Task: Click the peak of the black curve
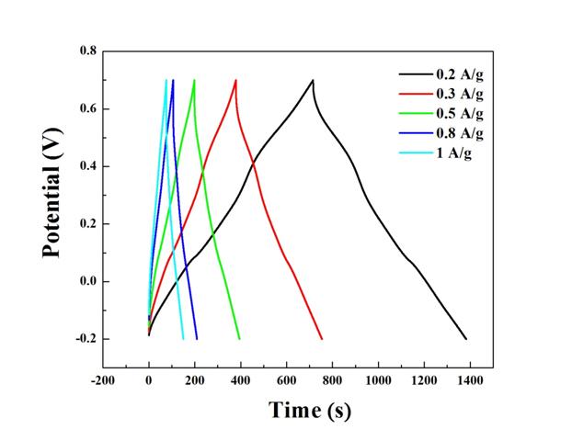coord(313,80)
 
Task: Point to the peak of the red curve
coord(236,80)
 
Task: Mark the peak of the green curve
coord(194,80)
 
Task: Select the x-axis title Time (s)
coord(309,410)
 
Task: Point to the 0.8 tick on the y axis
coord(86,51)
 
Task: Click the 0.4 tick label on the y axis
coord(86,166)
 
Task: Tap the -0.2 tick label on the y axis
coord(84,339)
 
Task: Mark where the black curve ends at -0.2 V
coord(466,339)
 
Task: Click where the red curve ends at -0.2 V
coord(322,339)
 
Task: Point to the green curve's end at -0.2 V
coord(240,339)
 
